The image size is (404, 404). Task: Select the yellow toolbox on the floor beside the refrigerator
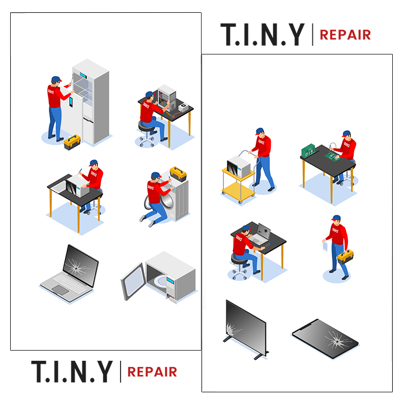pyautogui.click(x=72, y=142)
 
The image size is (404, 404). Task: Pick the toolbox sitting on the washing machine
pyautogui.click(x=178, y=174)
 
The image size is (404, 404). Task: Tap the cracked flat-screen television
pyautogui.click(x=245, y=326)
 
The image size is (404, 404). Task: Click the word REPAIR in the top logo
pyautogui.click(x=345, y=35)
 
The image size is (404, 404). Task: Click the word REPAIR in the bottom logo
pyautogui.click(x=152, y=371)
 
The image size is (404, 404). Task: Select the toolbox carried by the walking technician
pyautogui.click(x=345, y=256)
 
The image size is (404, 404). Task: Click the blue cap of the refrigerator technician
pyautogui.click(x=55, y=79)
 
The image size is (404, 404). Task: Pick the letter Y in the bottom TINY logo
pyautogui.click(x=103, y=371)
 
